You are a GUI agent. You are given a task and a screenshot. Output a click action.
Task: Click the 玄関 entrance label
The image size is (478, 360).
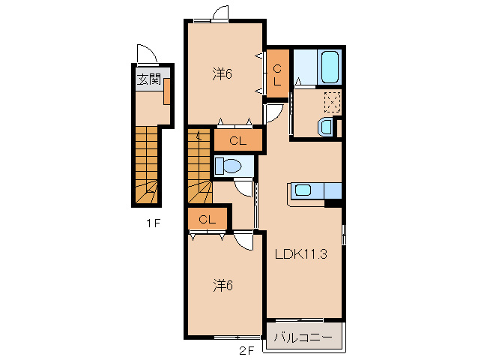(x=149, y=80)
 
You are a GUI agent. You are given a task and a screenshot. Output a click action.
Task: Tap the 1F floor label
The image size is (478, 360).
(x=153, y=223)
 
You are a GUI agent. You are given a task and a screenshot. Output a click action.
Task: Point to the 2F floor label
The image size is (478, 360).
(x=246, y=351)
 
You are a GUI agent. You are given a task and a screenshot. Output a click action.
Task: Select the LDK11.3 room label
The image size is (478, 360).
(x=301, y=253)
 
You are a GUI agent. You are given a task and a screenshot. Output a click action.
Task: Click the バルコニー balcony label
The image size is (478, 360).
(x=303, y=337)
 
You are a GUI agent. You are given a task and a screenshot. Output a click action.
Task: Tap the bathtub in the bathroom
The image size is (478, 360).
(x=330, y=67)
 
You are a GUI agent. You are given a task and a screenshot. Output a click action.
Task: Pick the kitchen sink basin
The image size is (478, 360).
(x=303, y=190)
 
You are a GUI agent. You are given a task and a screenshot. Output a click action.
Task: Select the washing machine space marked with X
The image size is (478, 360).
(x=332, y=102)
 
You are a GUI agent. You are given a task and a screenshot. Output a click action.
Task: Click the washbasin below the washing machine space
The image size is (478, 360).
(x=325, y=127)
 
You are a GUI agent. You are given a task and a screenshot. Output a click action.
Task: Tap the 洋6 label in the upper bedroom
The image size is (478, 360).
(x=223, y=73)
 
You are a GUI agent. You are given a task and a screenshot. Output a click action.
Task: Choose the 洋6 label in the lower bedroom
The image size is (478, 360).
(x=223, y=286)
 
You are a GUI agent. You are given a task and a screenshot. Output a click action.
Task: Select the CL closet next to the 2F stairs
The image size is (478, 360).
(x=238, y=140)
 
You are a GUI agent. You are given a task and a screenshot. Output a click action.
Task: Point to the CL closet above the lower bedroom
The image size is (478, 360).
(x=208, y=219)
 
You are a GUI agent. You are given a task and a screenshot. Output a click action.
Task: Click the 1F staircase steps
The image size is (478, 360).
(x=147, y=165)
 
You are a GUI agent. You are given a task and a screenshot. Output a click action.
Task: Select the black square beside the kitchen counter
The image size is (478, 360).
(x=333, y=203)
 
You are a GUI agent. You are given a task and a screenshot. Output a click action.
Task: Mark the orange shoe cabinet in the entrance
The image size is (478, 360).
(x=167, y=91)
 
